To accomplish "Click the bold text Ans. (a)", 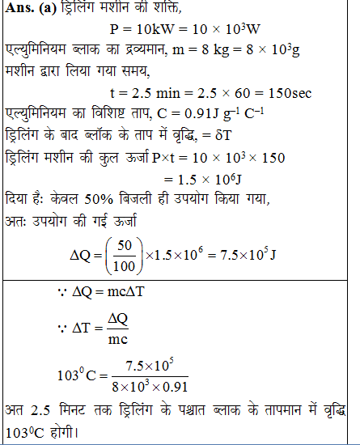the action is (x=29, y=10).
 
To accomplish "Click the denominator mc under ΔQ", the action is (x=118, y=340).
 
